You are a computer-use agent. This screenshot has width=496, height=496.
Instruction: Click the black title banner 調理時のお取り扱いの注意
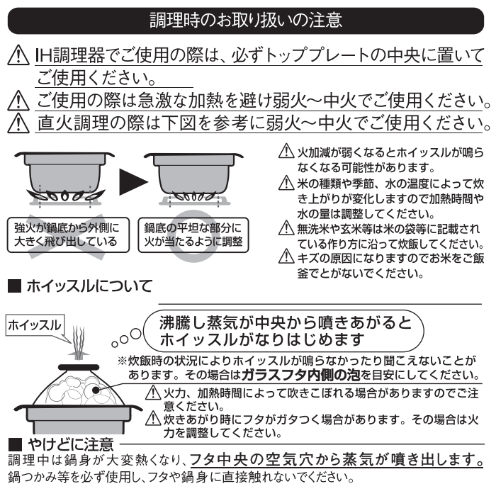tap(246, 21)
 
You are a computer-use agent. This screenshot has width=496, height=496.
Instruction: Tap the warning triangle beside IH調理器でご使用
tap(18, 55)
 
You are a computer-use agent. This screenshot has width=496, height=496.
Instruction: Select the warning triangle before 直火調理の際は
tap(18, 123)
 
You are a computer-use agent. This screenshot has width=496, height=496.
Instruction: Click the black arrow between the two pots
tap(133, 181)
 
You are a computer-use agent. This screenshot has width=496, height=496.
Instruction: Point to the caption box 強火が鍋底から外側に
tap(68, 235)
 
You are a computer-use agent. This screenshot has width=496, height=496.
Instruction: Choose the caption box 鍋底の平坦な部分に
tap(193, 235)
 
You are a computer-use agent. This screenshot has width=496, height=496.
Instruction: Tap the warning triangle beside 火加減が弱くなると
tap(286, 151)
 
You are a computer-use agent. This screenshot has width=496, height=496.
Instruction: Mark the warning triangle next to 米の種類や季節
tap(286, 183)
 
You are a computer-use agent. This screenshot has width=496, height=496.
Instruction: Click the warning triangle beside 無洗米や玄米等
tap(286, 227)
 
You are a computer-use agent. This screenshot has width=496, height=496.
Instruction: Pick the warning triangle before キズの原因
tap(286, 256)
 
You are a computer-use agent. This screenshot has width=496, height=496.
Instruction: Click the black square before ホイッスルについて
tap(15, 286)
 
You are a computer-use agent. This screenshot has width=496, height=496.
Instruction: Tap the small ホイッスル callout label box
tap(35, 325)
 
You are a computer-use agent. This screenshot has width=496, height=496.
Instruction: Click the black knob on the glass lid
tap(79, 367)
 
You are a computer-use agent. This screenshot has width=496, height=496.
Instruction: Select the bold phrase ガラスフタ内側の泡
tap(301, 375)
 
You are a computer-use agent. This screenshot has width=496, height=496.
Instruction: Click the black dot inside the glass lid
tap(96, 390)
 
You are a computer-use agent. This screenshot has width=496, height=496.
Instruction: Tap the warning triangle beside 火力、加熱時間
tap(154, 393)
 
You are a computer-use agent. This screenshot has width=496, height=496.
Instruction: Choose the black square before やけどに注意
tap(15, 444)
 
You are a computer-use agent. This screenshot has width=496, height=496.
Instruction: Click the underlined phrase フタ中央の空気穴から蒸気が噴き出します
tap(337, 460)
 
